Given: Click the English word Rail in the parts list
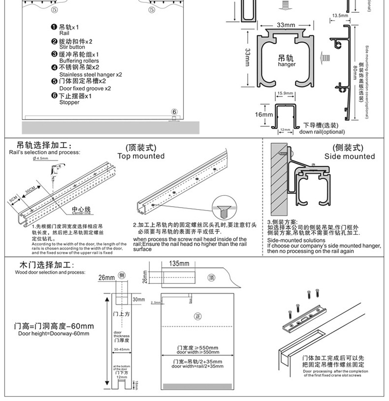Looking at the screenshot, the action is pyautogui.click(x=65, y=33).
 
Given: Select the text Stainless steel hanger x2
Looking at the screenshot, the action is pyautogui.click(x=90, y=75).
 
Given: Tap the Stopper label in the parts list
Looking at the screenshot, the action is pyautogui.click(x=69, y=102).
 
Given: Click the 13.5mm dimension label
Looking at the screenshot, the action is pyautogui.click(x=338, y=16).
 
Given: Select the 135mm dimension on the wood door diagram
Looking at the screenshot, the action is pyautogui.click(x=178, y=264).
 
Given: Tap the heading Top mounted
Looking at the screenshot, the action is pyautogui.click(x=141, y=156).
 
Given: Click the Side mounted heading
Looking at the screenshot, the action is pyautogui.click(x=349, y=156).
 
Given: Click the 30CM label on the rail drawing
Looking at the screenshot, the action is pyautogui.click(x=33, y=189).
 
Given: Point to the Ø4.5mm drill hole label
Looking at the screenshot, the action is pyautogui.click(x=40, y=159).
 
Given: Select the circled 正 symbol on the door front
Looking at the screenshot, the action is pyautogui.click(x=198, y=316).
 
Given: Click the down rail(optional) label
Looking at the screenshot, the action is pyautogui.click(x=322, y=131).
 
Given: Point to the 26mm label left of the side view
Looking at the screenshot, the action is pyautogui.click(x=105, y=278).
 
